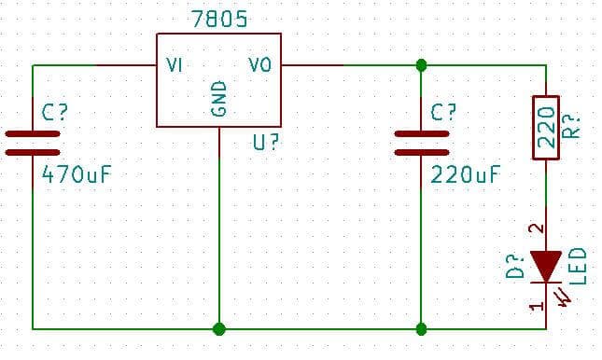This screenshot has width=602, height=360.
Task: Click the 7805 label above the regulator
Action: [x=219, y=19]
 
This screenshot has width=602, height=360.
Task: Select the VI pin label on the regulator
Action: [x=174, y=65]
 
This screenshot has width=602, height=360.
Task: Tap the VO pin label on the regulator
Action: [x=259, y=65]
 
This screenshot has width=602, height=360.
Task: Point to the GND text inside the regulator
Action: [x=219, y=98]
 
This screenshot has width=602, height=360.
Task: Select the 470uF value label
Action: [x=78, y=173]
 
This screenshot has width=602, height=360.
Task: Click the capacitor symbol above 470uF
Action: [x=33, y=142]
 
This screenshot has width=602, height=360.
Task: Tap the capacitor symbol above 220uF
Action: [x=421, y=142]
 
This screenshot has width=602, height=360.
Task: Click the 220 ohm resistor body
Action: [x=545, y=126]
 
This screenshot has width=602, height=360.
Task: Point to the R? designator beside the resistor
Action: [x=575, y=126]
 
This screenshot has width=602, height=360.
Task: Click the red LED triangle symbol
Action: [x=545, y=267]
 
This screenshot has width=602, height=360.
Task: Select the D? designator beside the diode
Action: [x=511, y=268]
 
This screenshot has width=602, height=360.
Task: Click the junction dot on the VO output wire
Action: [x=421, y=65]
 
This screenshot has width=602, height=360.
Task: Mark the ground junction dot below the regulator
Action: [x=219, y=328]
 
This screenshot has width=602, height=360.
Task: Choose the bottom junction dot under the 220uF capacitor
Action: [x=421, y=328]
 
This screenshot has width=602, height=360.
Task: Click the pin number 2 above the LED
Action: [x=535, y=228]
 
